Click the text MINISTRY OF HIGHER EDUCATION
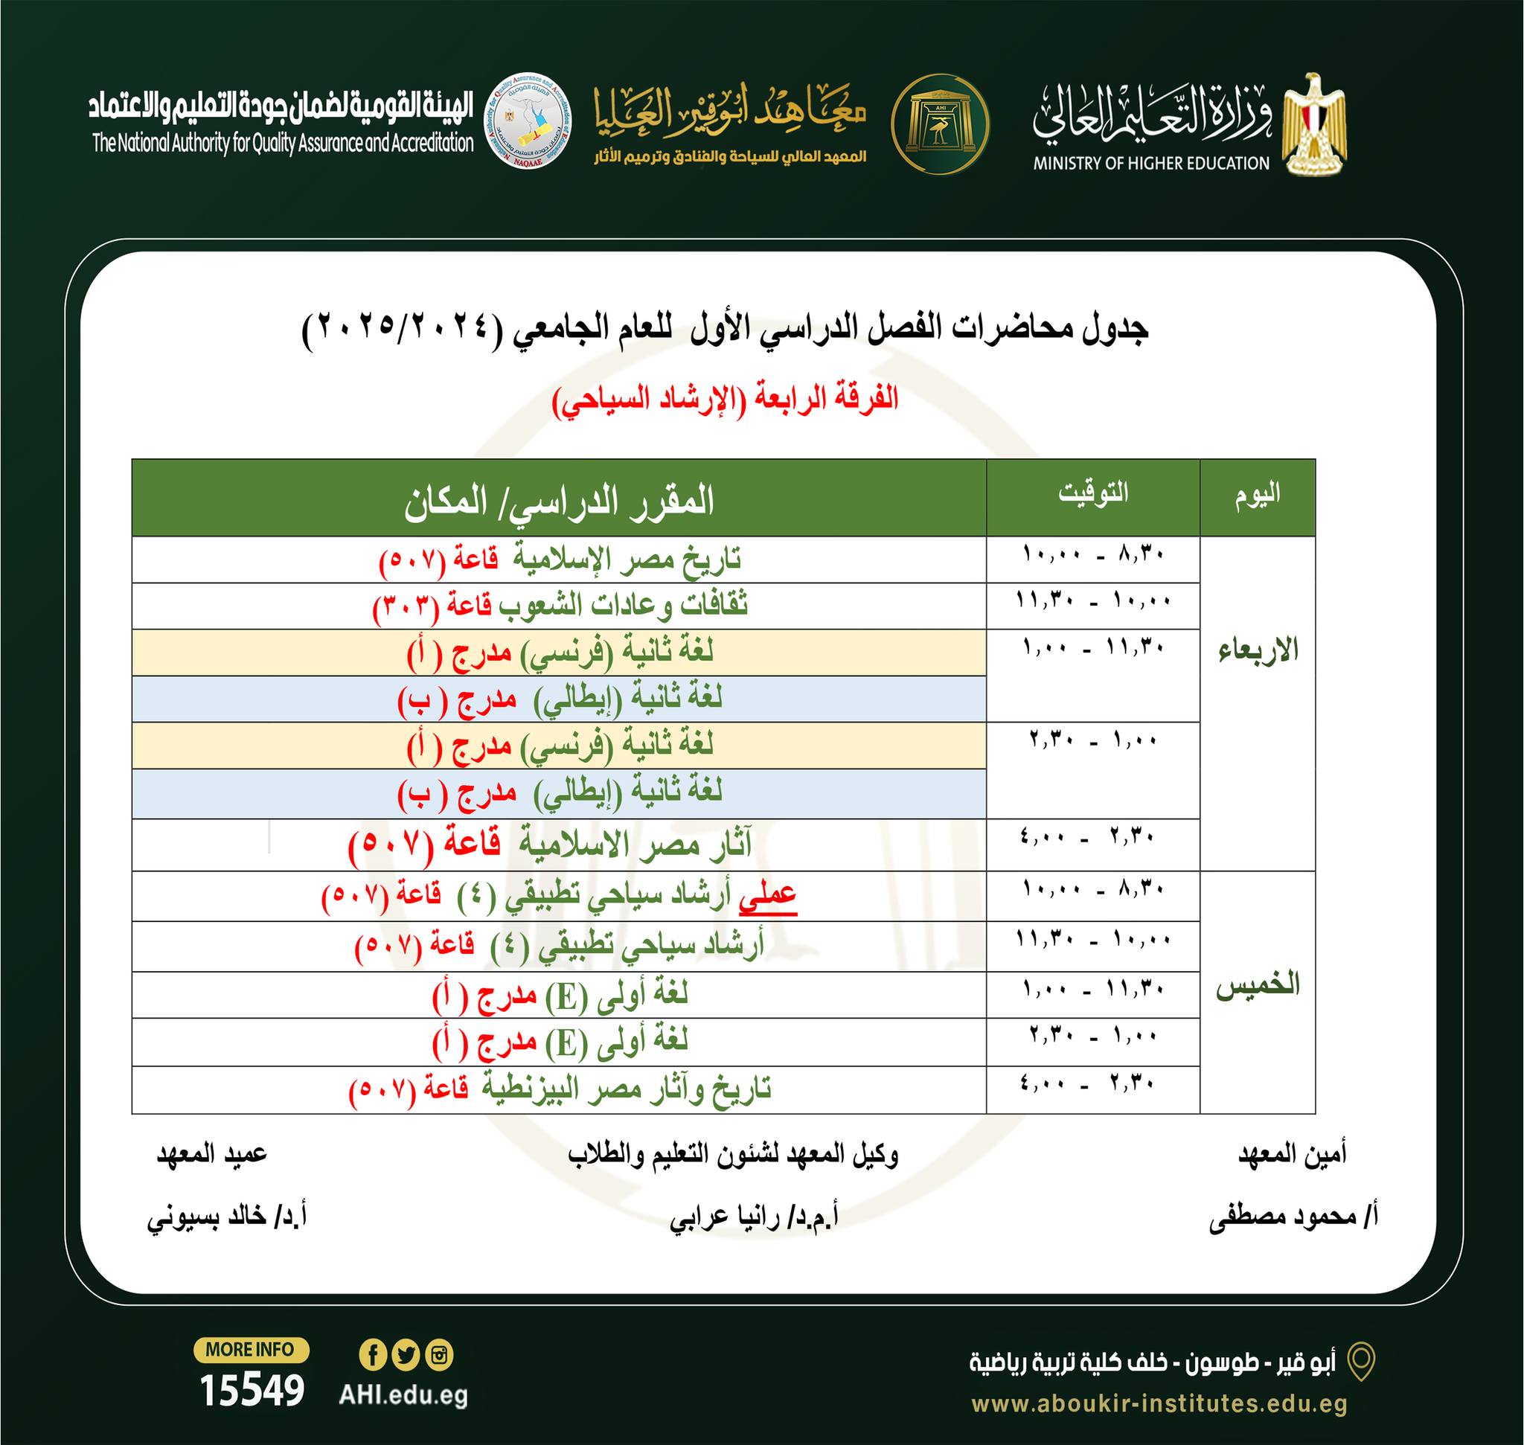1151,163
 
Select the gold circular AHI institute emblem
939,124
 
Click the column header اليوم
1257,495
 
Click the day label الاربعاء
1258,651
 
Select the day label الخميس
1258,986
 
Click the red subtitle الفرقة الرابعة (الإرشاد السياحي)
725,400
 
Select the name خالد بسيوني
226,1218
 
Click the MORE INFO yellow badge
251,1350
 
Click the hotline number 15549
252,1391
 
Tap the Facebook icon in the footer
373,1355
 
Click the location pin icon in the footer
1363,1362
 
